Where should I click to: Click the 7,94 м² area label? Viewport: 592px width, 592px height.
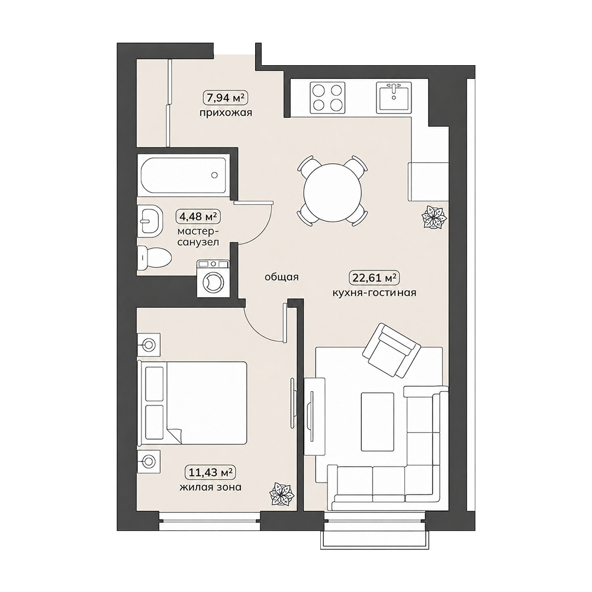226,98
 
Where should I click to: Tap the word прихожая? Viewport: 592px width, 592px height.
226,112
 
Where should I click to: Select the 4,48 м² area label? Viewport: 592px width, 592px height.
198,217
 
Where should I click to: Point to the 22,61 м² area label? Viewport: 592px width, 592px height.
374,278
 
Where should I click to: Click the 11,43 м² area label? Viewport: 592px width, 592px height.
210,472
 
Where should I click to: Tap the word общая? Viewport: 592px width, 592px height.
281,277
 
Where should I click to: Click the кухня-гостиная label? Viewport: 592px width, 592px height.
374,292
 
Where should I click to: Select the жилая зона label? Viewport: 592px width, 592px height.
210,487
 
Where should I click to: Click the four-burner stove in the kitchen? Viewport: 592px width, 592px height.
327,98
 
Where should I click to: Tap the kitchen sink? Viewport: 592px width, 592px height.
394,98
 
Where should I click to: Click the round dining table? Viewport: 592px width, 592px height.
333,192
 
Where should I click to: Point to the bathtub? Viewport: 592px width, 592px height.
184,175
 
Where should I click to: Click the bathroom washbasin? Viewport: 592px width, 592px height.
150,221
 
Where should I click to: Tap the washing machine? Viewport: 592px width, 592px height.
212,279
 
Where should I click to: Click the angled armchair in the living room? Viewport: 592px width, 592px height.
391,350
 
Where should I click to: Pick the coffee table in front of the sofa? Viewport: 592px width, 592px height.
378,422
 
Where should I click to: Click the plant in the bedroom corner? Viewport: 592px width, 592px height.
281,494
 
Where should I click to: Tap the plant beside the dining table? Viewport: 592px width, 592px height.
434,217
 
